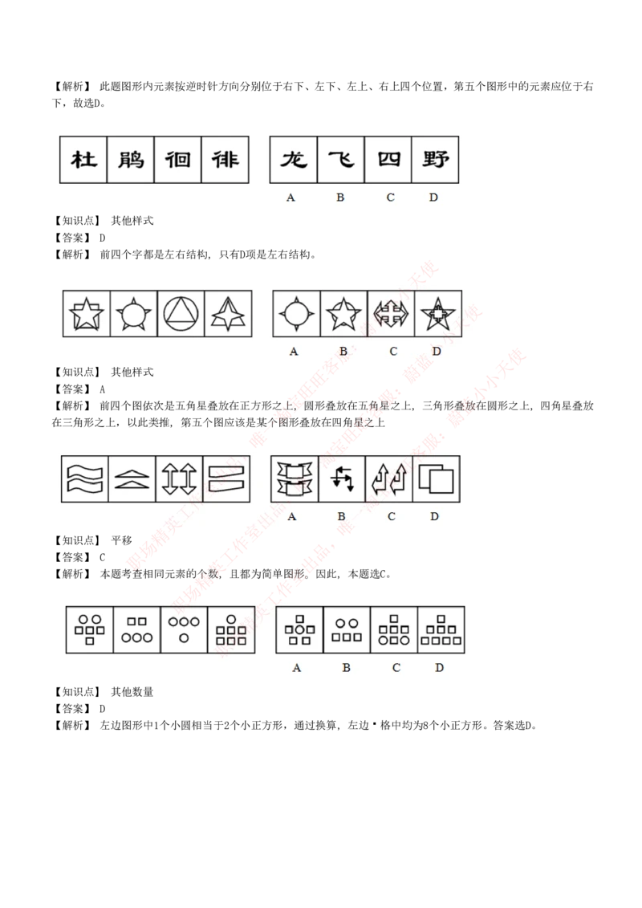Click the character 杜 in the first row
pos(83,160)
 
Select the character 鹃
pos(131,160)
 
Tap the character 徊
pos(178,160)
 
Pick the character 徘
pos(226,160)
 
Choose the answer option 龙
pos(294,160)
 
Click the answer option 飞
pos(341,160)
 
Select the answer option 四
pos(388,160)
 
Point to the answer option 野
pos(435,160)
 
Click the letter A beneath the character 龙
pos(291,197)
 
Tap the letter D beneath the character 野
pos(433,197)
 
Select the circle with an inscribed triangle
pos(181,314)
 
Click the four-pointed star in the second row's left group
pos(228,314)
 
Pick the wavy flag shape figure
pos(84,479)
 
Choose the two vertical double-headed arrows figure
pos(179,479)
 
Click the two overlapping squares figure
pos(437,479)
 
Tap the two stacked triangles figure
pos(132,479)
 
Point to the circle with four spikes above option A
pos(296,314)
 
